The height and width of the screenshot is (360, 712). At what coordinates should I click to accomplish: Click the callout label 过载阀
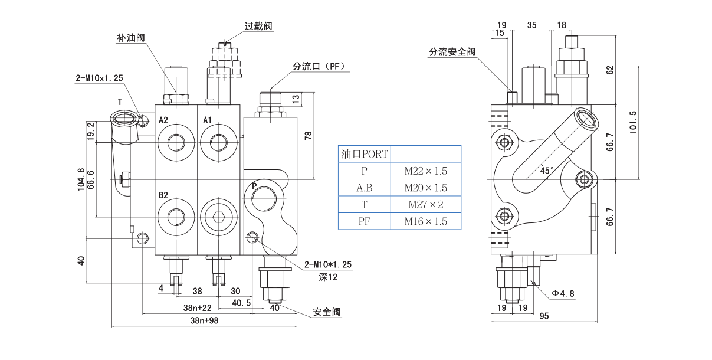pos(258,26)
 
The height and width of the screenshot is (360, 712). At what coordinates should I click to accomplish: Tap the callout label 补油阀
pos(130,38)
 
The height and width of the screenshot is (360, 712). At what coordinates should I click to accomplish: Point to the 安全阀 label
pos(327,312)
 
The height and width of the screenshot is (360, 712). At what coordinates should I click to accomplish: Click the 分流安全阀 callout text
pos(452,52)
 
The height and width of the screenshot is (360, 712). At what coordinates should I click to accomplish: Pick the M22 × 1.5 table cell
pos(425,171)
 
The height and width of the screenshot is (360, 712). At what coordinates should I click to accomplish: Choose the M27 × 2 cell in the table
pos(425,205)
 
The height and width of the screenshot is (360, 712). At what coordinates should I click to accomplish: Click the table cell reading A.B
pos(364,188)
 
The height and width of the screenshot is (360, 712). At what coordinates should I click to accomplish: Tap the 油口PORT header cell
pos(364,155)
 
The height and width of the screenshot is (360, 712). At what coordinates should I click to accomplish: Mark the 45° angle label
pos(547,171)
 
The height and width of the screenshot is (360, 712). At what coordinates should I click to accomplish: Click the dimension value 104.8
pos(81,180)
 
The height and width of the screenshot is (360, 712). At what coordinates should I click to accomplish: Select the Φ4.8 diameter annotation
pos(563,293)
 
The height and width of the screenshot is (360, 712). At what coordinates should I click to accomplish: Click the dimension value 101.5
pos(634,122)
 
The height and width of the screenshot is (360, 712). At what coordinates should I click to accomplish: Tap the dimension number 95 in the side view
pos(544,316)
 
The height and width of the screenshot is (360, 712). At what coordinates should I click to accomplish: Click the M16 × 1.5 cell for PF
pos(425,222)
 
